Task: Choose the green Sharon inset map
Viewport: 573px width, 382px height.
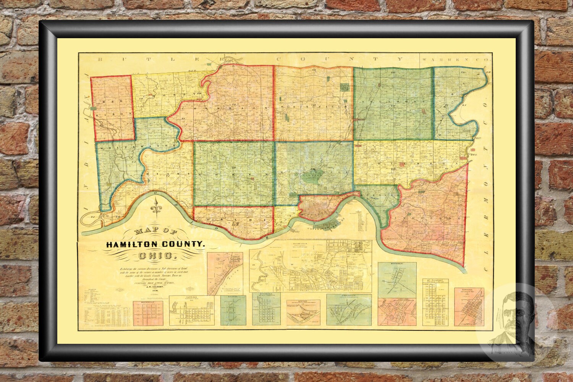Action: [233, 310]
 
